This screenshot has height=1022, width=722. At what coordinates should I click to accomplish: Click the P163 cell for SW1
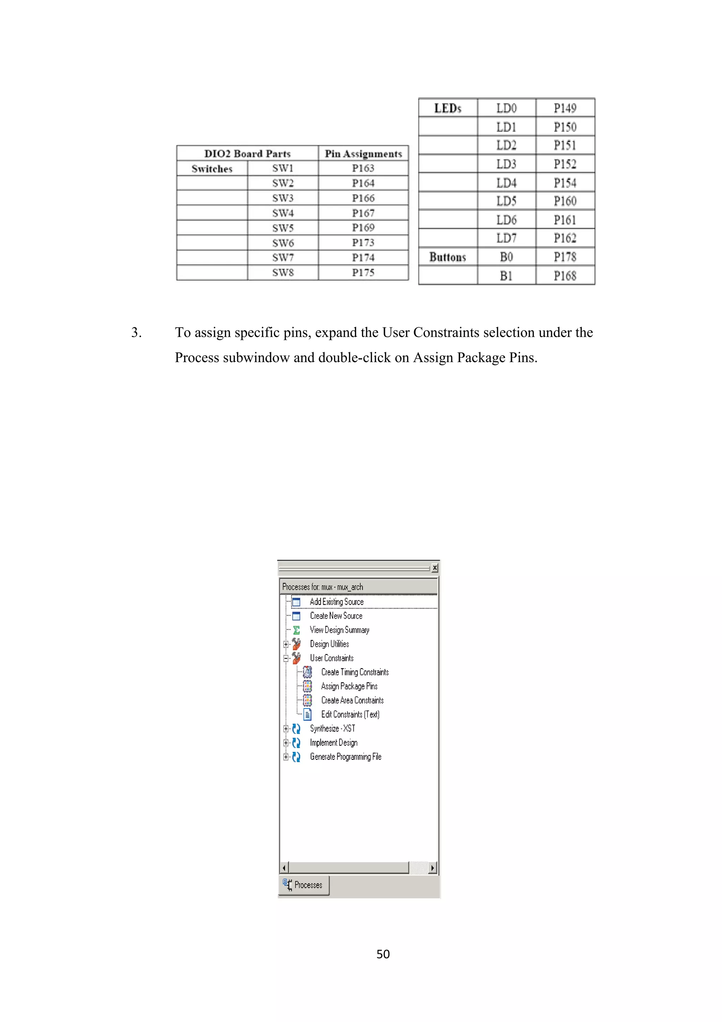[363, 168]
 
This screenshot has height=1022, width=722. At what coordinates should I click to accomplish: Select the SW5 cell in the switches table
[283, 228]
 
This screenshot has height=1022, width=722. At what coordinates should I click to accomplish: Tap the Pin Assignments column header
[363, 153]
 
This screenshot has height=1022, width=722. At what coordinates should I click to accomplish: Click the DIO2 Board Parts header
[247, 153]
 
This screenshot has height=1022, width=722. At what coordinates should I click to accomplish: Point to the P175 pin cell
[363, 272]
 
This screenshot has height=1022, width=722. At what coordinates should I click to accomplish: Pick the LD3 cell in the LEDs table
[506, 164]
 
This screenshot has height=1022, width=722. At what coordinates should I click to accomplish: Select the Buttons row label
[447, 257]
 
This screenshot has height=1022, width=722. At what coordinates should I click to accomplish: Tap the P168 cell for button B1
[565, 275]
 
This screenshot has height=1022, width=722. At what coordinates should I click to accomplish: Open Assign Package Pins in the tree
[349, 686]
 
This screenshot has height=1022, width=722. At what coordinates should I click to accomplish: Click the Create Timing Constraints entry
[355, 672]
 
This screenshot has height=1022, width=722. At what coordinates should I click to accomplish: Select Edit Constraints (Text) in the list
[350, 714]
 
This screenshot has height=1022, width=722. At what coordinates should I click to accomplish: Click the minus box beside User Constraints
[286, 658]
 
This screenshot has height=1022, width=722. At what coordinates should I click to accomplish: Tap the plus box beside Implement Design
[286, 742]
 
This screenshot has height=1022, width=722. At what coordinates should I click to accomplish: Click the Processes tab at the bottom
[304, 885]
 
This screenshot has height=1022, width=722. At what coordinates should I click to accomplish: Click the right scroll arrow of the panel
[433, 868]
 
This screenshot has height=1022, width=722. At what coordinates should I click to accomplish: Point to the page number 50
[383, 954]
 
